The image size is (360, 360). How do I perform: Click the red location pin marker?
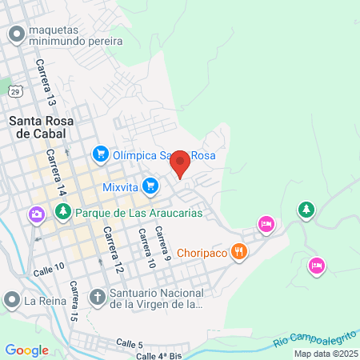tap(180, 162)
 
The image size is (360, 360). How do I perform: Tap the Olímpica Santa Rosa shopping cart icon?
tap(100, 152)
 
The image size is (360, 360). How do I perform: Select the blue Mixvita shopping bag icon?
tap(150, 186)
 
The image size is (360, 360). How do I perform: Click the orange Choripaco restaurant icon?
tap(238, 253)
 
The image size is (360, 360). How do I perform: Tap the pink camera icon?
tap(36, 214)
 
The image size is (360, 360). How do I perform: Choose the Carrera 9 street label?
tap(162, 245)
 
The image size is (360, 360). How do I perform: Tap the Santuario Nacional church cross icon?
tap(97, 297)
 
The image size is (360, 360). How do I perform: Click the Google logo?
tap(26, 350)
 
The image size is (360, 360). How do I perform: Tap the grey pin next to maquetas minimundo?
tap(15, 34)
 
